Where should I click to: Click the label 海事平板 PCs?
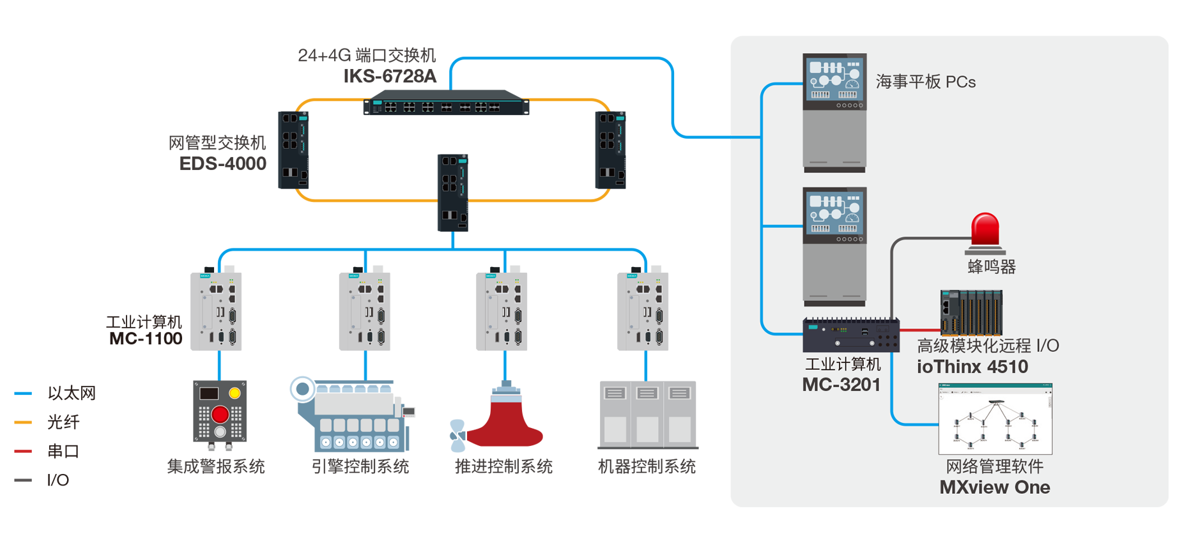[925, 82]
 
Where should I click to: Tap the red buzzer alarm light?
[985, 230]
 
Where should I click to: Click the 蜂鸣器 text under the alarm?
[991, 266]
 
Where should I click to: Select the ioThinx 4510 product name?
[972, 367]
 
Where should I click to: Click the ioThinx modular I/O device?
[971, 312]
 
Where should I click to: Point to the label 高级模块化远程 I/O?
[987, 346]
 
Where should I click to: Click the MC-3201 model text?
[841, 385]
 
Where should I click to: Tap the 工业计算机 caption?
[842, 364]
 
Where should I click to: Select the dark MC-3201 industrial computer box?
[850, 335]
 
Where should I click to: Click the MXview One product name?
[994, 487]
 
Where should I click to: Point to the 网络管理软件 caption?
[994, 466]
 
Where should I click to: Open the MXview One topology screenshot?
[995, 418]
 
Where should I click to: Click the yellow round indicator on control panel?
[234, 393]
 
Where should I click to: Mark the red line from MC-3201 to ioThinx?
[919, 330]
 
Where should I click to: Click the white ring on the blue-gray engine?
[302, 388]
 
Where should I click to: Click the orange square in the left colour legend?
[26, 422]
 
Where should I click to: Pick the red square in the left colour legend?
[26, 450]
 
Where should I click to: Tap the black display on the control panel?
[209, 393]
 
